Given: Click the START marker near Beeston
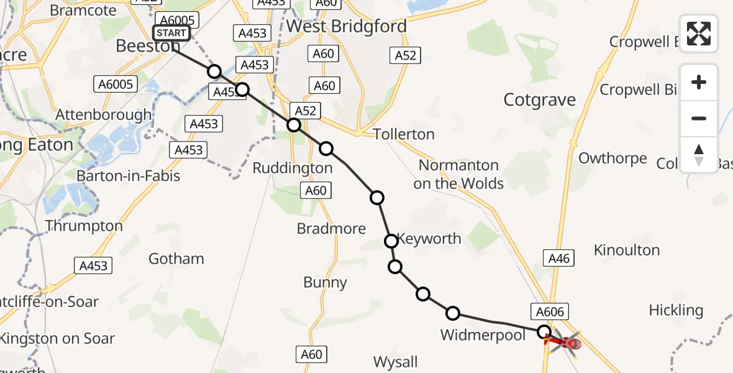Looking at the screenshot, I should pyautogui.click(x=171, y=33).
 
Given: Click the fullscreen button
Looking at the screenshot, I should pyautogui.click(x=699, y=34).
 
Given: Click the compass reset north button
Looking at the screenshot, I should pyautogui.click(x=699, y=155).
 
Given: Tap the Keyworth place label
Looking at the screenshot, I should pyautogui.click(x=429, y=239).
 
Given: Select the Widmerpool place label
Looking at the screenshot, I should pyautogui.click(x=483, y=335).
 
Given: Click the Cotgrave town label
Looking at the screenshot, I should pyautogui.click(x=540, y=99).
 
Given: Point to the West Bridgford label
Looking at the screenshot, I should pyautogui.click(x=347, y=26).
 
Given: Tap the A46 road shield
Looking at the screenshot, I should pyautogui.click(x=558, y=258).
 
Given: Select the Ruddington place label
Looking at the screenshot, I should pyautogui.click(x=293, y=168).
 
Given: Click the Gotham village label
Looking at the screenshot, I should pyautogui.click(x=176, y=258).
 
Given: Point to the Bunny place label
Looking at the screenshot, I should pyautogui.click(x=325, y=283).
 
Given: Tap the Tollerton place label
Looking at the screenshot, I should pyautogui.click(x=404, y=134).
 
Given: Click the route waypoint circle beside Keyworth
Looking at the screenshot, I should pyautogui.click(x=391, y=241).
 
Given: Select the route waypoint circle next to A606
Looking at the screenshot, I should pyautogui.click(x=544, y=332).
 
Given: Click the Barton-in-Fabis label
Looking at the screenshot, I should pyautogui.click(x=128, y=176).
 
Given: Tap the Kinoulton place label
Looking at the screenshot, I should pyautogui.click(x=627, y=250).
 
